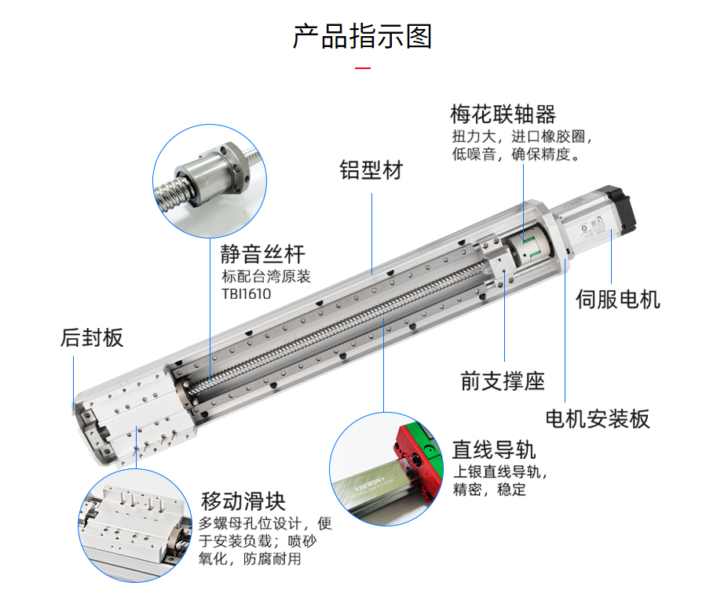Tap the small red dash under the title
(362, 69)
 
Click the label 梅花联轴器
(503, 115)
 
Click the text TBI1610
(246, 294)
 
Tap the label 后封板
(92, 338)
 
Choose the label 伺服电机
(618, 299)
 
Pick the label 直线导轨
(494, 450)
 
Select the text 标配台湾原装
(266, 277)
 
